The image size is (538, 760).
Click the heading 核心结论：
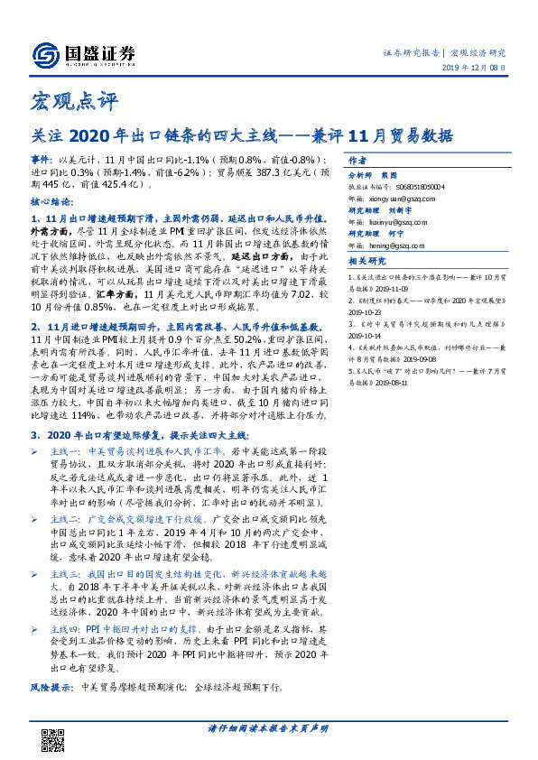click(x=52, y=202)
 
